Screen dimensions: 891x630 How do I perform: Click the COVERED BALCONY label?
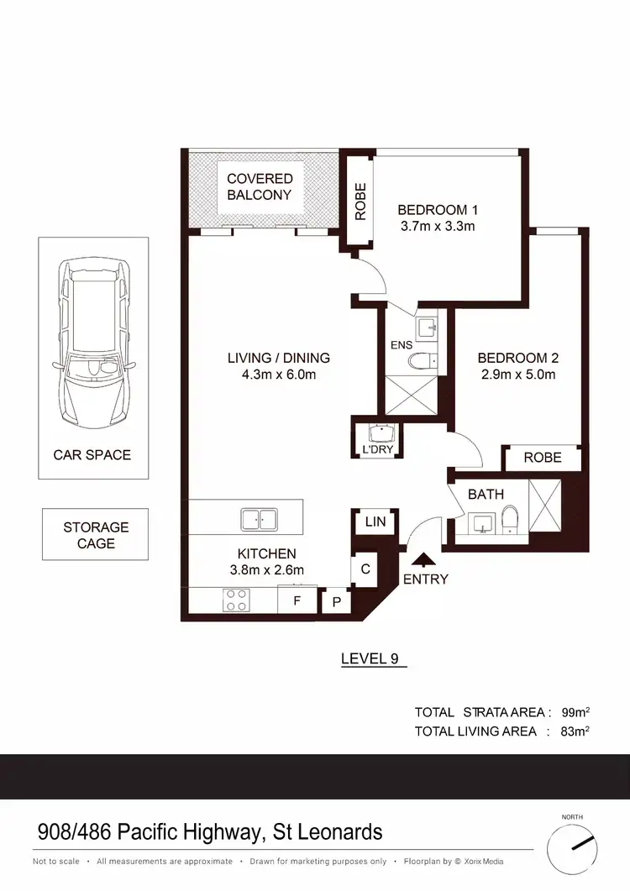260,186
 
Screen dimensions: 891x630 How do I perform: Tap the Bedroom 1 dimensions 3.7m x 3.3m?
437,226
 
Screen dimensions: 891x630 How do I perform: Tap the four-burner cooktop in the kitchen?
235,600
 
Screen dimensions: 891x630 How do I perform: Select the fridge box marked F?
297,601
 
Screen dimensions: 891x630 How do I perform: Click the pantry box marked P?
336,601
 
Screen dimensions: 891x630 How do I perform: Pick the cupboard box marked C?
365,569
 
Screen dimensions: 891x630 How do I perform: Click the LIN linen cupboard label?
375,522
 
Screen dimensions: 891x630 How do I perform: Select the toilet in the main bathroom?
509,518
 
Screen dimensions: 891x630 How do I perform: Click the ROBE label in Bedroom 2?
542,458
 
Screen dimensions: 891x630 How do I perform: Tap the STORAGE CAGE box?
96,535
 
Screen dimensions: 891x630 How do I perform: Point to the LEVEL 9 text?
370,658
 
